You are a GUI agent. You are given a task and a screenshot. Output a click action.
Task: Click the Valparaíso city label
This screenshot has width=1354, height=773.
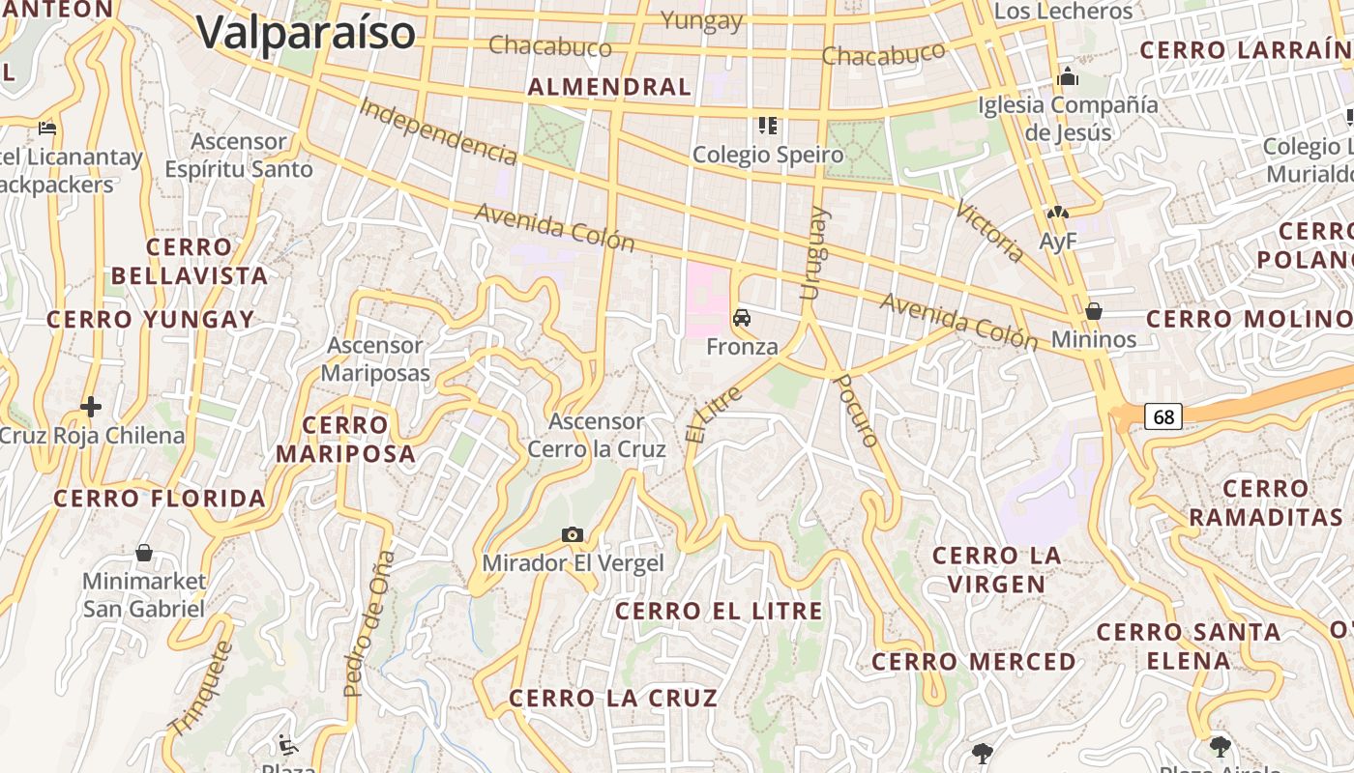click(306, 33)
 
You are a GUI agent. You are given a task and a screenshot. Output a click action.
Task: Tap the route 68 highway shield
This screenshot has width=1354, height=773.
click(1163, 416)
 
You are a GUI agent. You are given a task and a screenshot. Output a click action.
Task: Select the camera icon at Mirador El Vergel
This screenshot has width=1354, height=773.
click(573, 535)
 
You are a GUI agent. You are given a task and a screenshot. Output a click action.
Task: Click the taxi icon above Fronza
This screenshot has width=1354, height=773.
click(742, 318)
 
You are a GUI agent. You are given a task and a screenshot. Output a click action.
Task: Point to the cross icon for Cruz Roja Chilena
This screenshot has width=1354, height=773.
click(91, 407)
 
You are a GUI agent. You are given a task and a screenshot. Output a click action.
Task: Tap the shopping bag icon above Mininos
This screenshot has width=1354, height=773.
click(1094, 311)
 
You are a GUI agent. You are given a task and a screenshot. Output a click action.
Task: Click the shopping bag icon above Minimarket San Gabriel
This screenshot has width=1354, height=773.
click(144, 553)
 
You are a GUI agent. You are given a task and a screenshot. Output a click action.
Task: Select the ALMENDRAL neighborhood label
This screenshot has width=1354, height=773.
click(609, 87)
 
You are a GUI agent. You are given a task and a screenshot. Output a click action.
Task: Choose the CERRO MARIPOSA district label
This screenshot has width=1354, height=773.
click(345, 440)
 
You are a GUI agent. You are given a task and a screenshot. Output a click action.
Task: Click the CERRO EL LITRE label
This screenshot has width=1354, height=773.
click(719, 612)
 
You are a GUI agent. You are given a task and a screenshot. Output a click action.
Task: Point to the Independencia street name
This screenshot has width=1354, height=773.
click(438, 129)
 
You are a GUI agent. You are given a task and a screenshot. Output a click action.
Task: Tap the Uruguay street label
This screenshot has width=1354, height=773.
click(814, 253)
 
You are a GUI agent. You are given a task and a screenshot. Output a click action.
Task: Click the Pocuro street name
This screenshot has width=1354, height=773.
click(856, 411)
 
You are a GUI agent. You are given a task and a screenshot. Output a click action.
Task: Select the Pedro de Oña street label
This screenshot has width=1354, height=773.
click(369, 623)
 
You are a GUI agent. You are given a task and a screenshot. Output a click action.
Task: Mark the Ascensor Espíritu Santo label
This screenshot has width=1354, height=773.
click(239, 156)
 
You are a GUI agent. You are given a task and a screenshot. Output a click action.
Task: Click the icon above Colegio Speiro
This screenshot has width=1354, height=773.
click(768, 126)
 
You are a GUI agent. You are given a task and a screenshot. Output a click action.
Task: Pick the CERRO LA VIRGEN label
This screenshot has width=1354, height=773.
click(996, 570)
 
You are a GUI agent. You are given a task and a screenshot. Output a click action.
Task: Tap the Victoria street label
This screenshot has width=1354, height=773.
click(990, 232)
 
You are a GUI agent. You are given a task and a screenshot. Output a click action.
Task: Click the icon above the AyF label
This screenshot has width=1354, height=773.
click(1057, 213)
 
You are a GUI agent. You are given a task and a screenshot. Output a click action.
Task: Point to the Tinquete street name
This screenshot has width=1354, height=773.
click(202, 688)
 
